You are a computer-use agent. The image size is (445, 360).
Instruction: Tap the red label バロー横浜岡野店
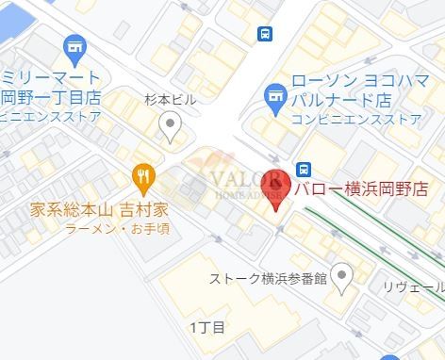(x=359, y=188)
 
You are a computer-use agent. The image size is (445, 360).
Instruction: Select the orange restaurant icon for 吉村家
(x=143, y=175)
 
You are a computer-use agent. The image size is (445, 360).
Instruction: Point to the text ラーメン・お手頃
(x=117, y=228)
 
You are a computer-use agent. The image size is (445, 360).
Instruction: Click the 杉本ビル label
(x=170, y=98)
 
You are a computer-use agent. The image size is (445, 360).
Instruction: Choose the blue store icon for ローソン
(x=274, y=94)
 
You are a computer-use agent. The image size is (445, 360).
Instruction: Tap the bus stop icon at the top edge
(x=265, y=34)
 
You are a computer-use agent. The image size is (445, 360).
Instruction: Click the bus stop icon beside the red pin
(x=304, y=170)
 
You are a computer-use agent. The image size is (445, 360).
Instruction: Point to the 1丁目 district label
(x=207, y=327)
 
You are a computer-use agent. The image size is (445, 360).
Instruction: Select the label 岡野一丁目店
(x=51, y=96)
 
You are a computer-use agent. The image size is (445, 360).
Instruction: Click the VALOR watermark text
(x=242, y=180)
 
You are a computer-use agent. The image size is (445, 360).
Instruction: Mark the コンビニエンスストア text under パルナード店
(x=356, y=119)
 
